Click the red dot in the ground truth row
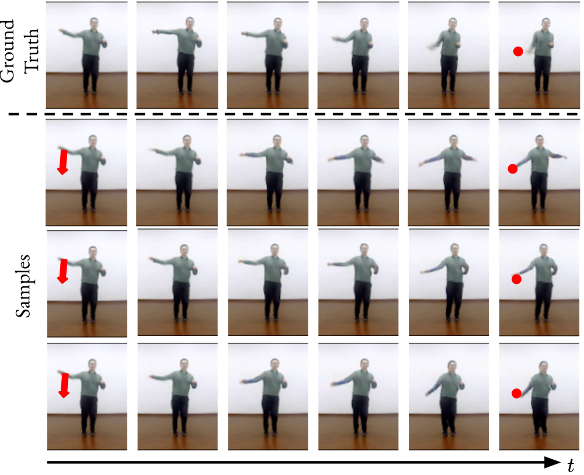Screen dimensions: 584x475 [517, 51]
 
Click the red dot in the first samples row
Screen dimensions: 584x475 [513, 169]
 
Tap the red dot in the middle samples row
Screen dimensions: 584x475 [516, 279]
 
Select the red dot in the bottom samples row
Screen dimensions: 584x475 [516, 393]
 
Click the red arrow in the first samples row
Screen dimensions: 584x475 [63, 162]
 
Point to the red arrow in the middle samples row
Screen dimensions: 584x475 [63, 271]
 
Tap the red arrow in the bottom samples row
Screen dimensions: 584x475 [64, 385]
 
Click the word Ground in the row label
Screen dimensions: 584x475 [8, 51]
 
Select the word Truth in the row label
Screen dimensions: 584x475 [32, 50]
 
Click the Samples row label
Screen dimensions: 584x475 [23, 286]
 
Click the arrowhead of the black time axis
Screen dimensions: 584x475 [552, 462]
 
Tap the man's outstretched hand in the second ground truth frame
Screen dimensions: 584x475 [154, 32]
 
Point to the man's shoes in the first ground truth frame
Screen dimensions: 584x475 [91, 92]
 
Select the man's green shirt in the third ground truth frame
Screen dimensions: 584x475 [276, 43]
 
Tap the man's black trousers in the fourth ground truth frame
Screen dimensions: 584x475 [359, 72]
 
